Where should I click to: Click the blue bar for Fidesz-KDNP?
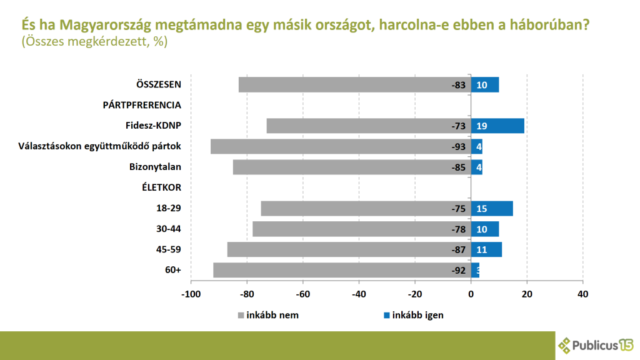click(x=497, y=126)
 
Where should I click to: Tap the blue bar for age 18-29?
click(x=492, y=208)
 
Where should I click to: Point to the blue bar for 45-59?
click(x=486, y=249)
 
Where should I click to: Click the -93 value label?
click(x=459, y=147)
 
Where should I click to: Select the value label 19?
click(x=481, y=126)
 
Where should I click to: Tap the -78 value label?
click(x=459, y=229)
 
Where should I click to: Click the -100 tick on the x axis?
click(x=191, y=294)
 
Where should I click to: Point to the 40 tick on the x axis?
click(x=582, y=294)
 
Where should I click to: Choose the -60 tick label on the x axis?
click(x=302, y=294)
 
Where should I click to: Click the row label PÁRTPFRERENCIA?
click(x=142, y=105)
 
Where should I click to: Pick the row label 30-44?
click(x=169, y=229)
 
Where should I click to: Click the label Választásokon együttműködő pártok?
click(x=100, y=146)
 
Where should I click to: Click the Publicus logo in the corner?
click(x=596, y=344)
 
